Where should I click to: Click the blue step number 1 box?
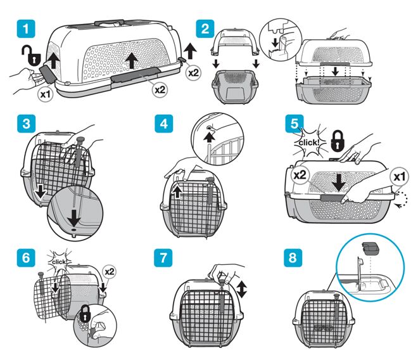coord(26,29)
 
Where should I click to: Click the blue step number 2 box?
coord(205,29)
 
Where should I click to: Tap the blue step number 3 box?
coord(26,124)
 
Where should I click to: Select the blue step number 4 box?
coord(163,124)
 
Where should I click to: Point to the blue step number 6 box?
coord(26,258)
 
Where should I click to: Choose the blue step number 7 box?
coord(163,258)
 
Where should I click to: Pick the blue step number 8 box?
coord(293,258)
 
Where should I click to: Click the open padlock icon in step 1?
coord(31,56)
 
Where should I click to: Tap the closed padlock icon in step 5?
coord(338,140)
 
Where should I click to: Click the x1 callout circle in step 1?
coord(46,94)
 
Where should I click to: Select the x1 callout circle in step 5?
coord(399,177)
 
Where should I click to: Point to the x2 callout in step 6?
coord(110,272)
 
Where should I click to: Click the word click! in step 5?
coord(309,143)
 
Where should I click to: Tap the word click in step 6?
coord(59,262)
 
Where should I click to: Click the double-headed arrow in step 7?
coord(241,290)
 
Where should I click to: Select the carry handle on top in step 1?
coord(110,23)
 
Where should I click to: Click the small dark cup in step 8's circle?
coord(371,248)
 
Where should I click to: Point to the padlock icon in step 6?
coord(85,314)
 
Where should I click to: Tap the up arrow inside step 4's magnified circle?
coord(210,138)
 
